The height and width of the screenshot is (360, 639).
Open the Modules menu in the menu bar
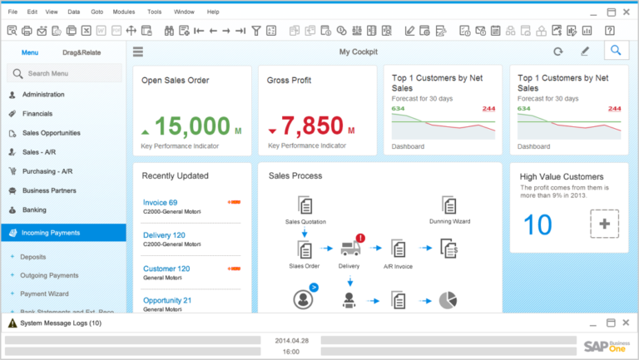(x=123, y=12)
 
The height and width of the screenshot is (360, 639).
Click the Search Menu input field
(x=67, y=73)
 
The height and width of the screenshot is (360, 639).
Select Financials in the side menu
(x=37, y=113)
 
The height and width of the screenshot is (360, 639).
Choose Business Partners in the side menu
(x=49, y=190)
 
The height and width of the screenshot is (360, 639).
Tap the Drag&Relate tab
(x=82, y=52)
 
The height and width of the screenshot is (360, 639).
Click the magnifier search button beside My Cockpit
(x=615, y=52)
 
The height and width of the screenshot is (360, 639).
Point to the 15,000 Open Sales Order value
(x=193, y=126)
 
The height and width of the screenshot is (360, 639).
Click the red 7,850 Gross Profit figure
(x=312, y=126)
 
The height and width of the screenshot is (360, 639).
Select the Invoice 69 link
(x=160, y=203)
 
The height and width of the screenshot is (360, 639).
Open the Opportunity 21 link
(x=167, y=300)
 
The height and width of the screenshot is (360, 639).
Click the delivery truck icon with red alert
(x=349, y=247)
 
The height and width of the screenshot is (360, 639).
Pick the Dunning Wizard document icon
(x=449, y=205)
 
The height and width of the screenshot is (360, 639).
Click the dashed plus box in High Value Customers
(x=604, y=224)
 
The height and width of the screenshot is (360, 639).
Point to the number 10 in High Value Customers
(x=537, y=224)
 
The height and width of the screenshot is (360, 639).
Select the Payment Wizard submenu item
(x=45, y=293)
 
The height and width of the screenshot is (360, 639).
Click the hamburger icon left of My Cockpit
(x=138, y=52)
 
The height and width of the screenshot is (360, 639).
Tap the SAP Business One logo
(x=606, y=347)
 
